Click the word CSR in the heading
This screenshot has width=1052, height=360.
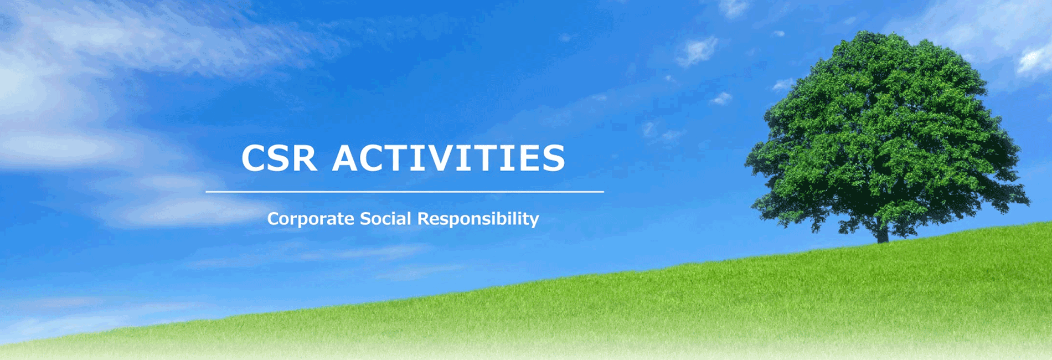point(279,158)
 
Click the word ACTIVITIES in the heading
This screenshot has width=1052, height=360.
point(449,158)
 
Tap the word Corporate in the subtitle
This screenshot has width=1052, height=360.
point(311,219)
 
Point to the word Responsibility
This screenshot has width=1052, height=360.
point(478,219)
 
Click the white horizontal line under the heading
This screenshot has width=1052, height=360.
point(405,192)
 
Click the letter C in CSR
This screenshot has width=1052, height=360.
point(254,158)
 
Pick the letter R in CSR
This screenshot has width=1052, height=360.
point(305,158)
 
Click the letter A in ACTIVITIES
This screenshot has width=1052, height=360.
point(346,158)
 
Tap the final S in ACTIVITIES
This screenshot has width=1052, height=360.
point(554,158)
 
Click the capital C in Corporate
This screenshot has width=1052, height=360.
point(273,218)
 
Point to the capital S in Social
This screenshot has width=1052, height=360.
point(365,218)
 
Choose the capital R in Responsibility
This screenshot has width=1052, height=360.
point(423,218)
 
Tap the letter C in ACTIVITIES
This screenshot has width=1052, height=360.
point(374,158)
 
